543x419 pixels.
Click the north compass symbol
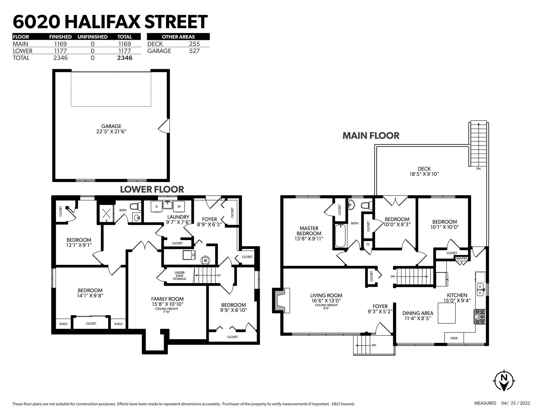504,380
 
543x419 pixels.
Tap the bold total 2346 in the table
125,58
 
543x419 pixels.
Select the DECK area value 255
194,44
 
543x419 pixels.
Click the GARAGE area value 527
194,51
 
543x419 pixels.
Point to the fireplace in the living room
281,300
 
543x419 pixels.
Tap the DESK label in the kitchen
454,338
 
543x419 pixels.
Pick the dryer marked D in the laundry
156,207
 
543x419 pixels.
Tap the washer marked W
179,207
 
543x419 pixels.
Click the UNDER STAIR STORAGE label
180,276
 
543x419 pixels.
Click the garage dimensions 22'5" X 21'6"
111,131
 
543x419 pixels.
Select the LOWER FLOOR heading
152,189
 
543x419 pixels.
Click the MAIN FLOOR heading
371,136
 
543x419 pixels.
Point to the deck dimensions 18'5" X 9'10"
424,174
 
